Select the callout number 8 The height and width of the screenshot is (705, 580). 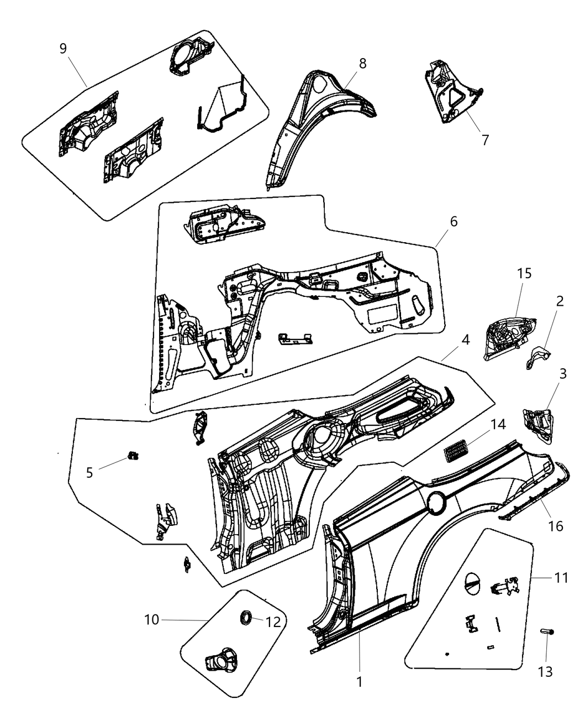(x=362, y=63)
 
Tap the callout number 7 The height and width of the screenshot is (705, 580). (x=485, y=140)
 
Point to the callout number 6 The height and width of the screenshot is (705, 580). (x=454, y=222)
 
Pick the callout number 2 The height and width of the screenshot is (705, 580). (x=560, y=301)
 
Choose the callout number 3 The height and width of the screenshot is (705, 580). (x=562, y=374)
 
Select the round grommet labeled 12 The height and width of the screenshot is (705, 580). (x=244, y=618)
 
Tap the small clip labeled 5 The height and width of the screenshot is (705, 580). (x=133, y=456)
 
